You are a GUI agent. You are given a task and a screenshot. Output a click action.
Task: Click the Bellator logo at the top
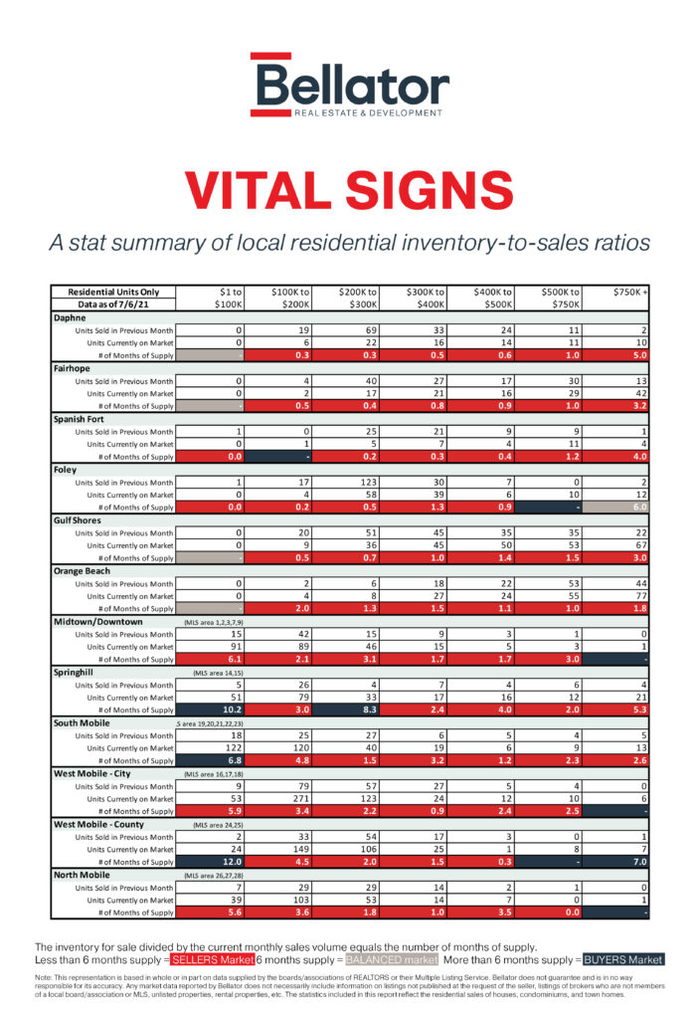coord(349,86)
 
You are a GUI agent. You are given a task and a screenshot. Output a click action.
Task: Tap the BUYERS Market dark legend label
coord(623,959)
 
